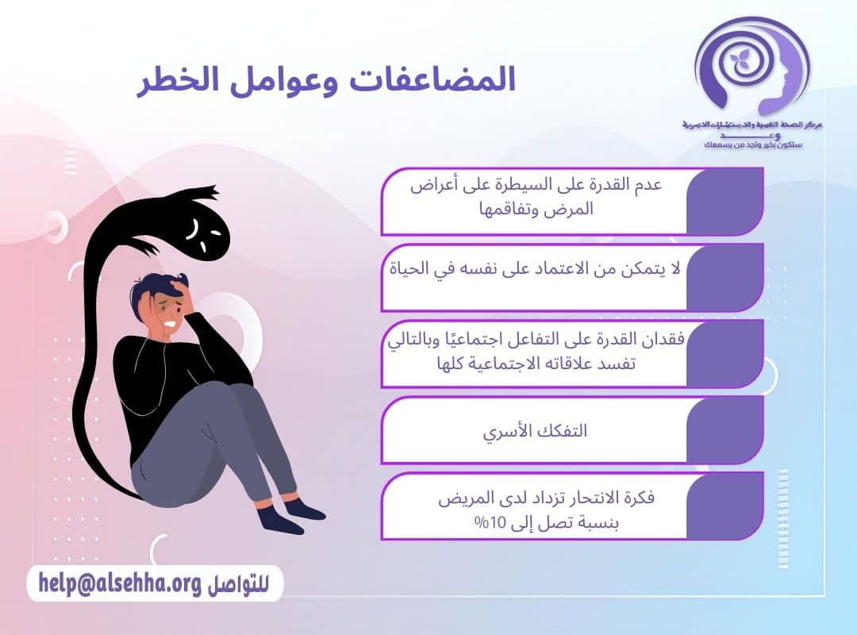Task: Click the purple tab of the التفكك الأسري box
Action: [x=724, y=429]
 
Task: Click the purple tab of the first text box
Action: [x=724, y=201]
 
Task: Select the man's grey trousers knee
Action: [x=238, y=397]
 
